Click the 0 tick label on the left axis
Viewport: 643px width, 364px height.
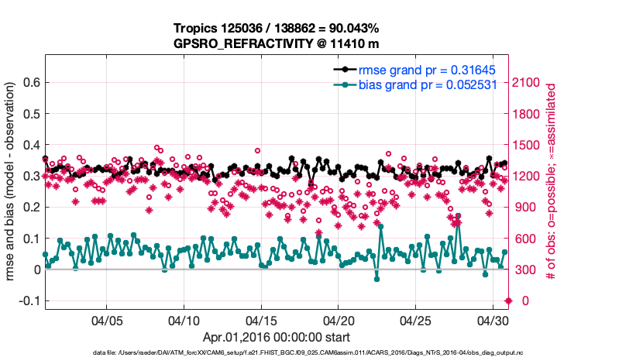point(36,270)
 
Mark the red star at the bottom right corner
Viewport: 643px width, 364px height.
point(508,300)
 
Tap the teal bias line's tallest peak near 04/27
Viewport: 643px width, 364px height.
point(458,222)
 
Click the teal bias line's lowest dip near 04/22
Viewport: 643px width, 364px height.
point(377,279)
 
